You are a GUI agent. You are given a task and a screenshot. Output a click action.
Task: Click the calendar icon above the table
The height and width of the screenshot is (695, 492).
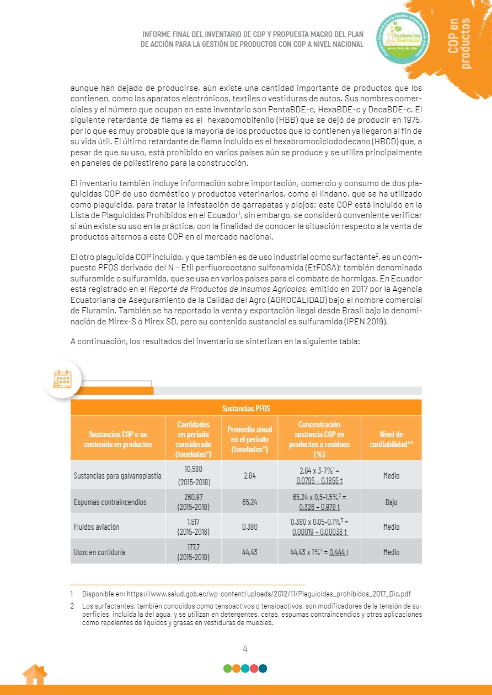coord(62,379)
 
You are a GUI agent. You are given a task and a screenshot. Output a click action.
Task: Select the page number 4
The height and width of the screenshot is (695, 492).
coord(245,648)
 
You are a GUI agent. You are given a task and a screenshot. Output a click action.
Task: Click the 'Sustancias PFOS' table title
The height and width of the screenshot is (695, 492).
coord(246,408)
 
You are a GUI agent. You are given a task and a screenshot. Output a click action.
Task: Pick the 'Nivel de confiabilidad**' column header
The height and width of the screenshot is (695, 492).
coord(391,438)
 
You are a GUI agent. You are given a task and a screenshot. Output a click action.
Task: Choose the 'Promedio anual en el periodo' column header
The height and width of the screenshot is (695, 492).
coord(250,438)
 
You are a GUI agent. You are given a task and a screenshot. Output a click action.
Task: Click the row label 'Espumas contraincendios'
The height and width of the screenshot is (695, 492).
coord(110,502)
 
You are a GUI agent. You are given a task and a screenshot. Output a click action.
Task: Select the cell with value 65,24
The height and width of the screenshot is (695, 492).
coord(250,502)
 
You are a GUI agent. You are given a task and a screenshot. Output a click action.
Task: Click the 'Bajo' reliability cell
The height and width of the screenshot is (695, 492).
coord(391,502)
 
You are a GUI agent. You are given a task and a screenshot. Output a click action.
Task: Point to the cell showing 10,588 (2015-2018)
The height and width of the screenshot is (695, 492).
coord(193,475)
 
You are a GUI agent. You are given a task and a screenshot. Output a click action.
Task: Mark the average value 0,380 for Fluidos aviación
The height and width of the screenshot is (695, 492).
coord(250,527)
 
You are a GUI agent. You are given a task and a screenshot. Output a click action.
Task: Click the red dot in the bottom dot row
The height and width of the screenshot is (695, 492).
coord(254,669)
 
